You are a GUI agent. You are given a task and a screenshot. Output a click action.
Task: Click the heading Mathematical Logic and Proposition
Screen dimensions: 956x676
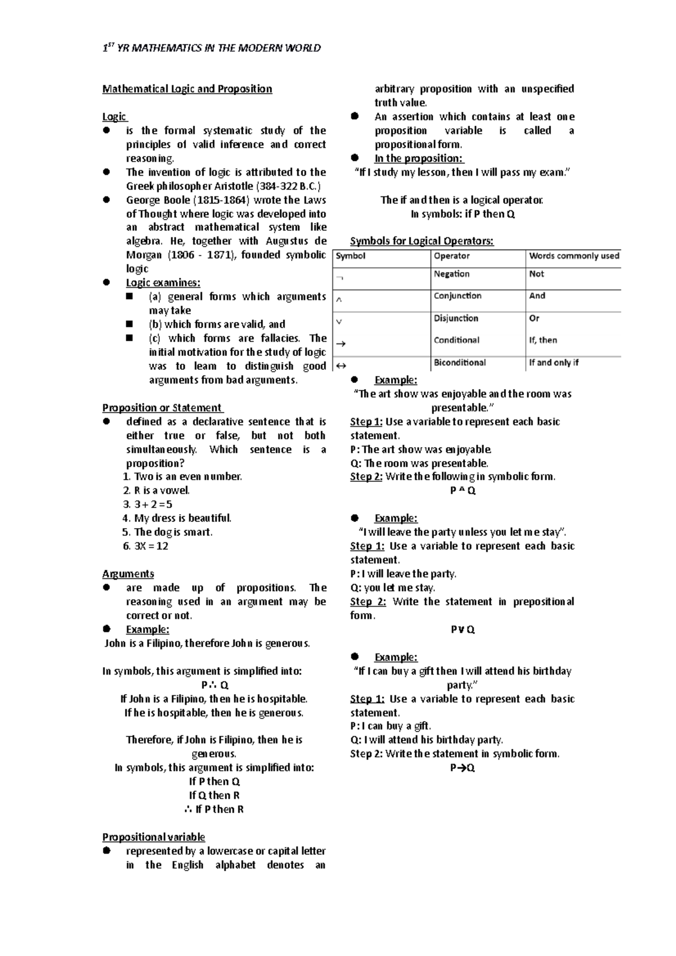(187, 89)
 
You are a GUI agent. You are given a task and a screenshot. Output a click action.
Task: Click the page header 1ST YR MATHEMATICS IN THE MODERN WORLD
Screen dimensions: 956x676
(212, 48)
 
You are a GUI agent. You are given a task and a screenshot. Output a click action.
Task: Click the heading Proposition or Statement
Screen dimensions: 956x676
(162, 408)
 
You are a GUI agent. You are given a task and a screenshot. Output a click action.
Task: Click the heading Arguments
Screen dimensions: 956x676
(128, 574)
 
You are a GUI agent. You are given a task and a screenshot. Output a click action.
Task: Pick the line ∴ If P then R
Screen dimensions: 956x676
(214, 809)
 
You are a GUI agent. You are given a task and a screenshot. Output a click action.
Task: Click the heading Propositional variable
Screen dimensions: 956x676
(153, 837)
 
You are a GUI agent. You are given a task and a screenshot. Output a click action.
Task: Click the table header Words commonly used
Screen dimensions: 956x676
(573, 256)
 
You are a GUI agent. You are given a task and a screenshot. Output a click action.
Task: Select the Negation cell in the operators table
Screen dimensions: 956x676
(451, 274)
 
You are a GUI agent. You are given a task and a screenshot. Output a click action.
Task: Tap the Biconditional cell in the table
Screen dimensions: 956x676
(459, 363)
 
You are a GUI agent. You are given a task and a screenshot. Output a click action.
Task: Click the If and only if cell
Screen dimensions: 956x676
(553, 363)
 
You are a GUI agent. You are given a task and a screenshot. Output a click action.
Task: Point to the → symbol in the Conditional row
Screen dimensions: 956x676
(340, 344)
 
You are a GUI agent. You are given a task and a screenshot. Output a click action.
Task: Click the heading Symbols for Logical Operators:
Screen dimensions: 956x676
(421, 241)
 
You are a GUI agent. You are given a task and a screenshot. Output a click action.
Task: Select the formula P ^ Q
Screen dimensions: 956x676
(462, 490)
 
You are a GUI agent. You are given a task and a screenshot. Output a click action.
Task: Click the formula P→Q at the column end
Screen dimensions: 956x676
(462, 768)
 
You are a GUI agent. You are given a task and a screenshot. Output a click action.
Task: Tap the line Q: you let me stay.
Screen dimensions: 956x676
(393, 588)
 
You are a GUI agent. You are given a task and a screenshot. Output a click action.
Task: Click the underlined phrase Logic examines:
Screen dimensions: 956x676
(163, 283)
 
